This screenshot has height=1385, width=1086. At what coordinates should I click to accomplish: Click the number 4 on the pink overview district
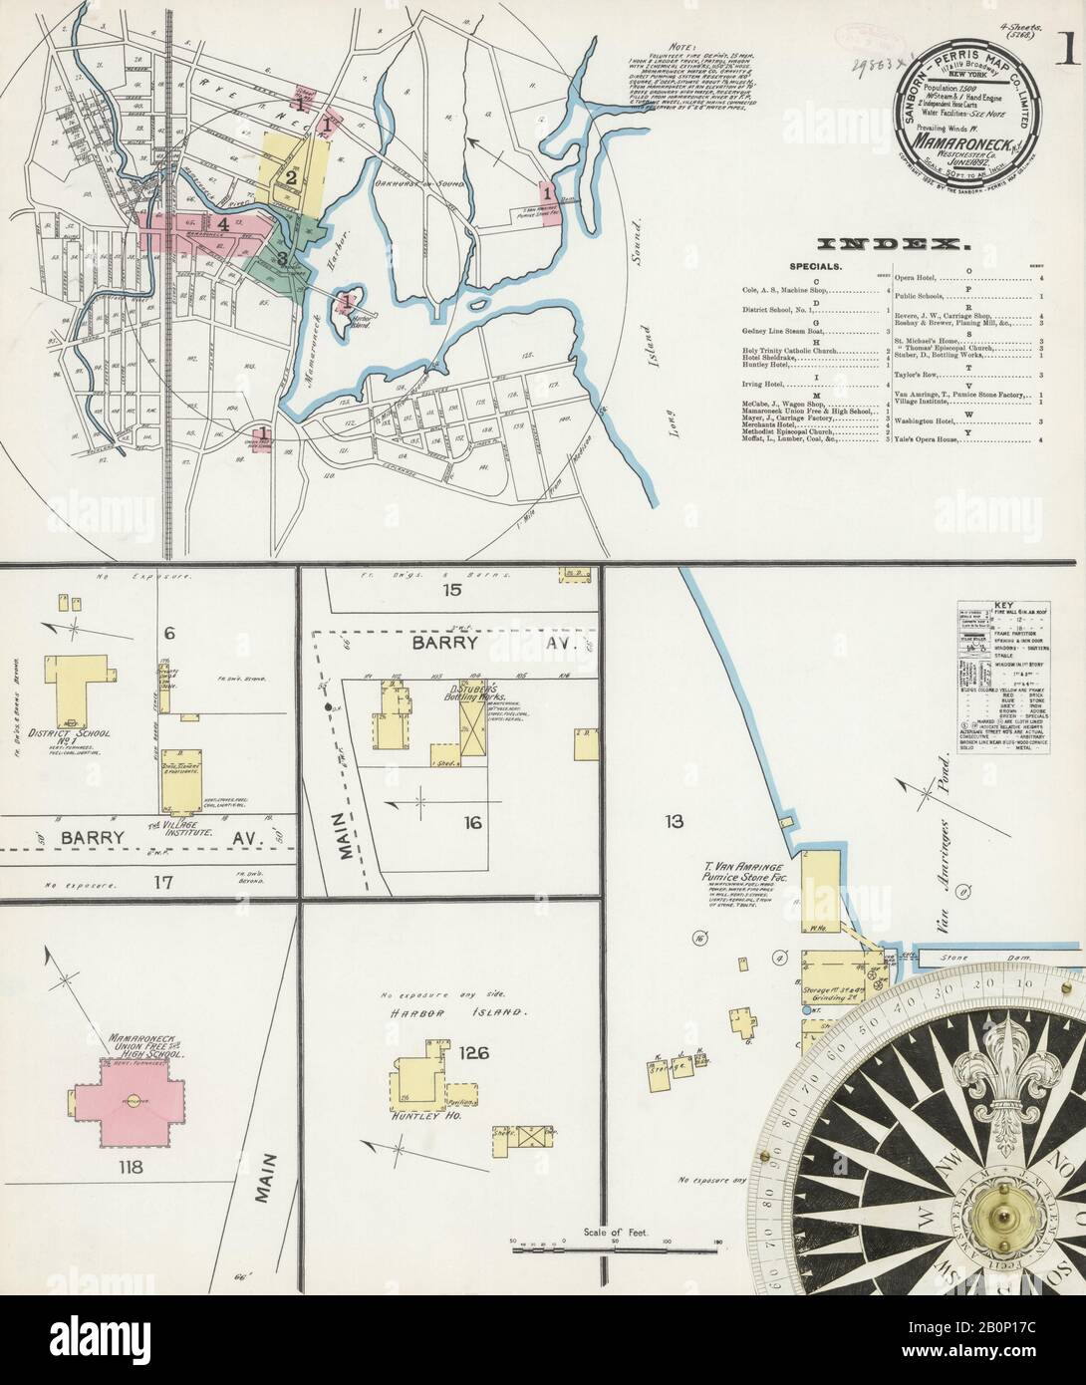click(x=224, y=225)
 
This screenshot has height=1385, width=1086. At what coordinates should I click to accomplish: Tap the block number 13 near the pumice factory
click(x=677, y=821)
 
